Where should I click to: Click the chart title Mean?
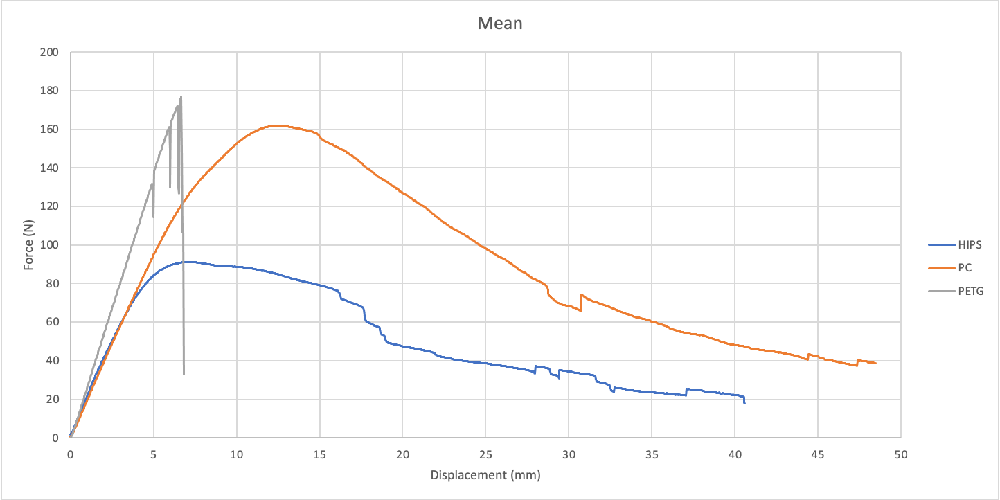click(x=500, y=24)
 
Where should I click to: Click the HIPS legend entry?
click(x=970, y=244)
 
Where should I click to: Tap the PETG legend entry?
click(x=970, y=291)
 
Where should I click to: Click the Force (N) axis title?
click(x=28, y=244)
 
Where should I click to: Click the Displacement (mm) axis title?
click(x=485, y=475)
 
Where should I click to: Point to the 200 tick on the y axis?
click(x=49, y=53)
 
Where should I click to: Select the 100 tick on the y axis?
click(x=49, y=245)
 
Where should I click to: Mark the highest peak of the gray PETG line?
click(x=181, y=97)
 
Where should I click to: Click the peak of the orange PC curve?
click(x=277, y=125)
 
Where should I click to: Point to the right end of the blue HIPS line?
click(x=744, y=402)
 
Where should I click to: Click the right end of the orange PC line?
click(x=875, y=363)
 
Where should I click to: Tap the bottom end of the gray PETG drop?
click(x=184, y=374)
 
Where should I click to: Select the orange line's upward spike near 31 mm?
click(x=582, y=295)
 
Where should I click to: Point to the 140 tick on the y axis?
click(x=49, y=168)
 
